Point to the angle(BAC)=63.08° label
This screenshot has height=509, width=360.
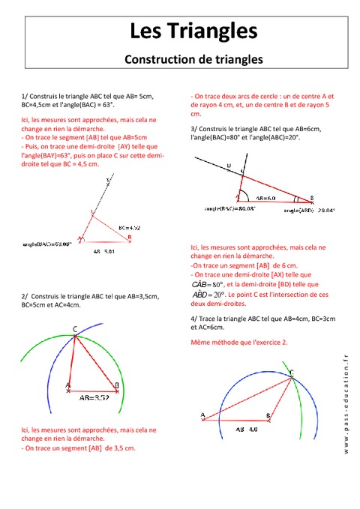coord(51,244)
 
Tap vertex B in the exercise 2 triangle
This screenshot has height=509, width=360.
coord(116,385)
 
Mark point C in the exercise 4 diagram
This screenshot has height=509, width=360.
coord(291,373)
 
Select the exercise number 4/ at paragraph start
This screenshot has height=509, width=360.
coord(195,319)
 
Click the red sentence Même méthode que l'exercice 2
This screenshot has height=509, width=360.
coord(240,342)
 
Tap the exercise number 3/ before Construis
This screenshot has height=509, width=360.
coord(195,129)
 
